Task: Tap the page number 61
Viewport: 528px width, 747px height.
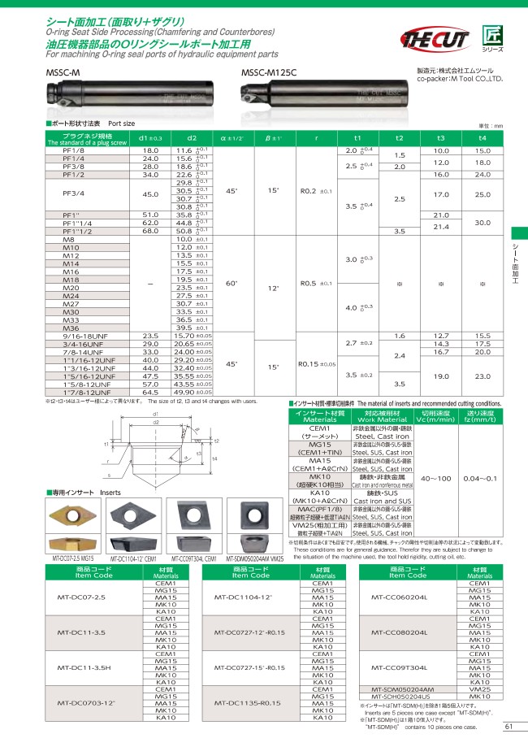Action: point(509,727)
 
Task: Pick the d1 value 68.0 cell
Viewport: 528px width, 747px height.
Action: point(151,230)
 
